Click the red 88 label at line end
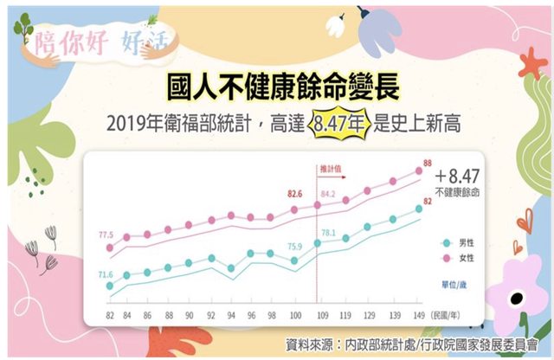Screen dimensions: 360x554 click(427, 162)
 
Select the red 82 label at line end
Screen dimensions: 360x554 click(427, 202)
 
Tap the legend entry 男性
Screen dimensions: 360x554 click(464, 243)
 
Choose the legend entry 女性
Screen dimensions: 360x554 click(464, 258)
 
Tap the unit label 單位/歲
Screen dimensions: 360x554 click(461, 284)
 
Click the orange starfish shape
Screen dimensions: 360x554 click(531, 62)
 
